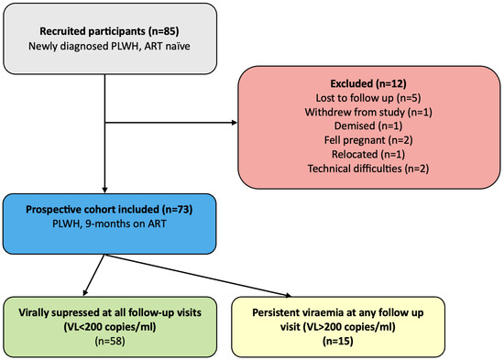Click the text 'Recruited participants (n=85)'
[109, 31]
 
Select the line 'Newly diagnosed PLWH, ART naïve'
[109, 46]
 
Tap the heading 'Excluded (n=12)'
[368, 83]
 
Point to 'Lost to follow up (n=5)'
[368, 98]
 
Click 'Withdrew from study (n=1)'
[368, 112]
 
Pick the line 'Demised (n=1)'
[368, 125]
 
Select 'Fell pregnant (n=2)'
[368, 140]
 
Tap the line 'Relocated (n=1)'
[368, 154]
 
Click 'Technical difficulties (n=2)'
[368, 169]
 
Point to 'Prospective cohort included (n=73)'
[109, 210]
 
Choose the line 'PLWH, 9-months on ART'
[109, 224]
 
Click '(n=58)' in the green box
[110, 341]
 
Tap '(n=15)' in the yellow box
[338, 341]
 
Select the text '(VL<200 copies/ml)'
[110, 327]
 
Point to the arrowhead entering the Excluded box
[235, 123]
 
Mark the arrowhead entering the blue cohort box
[104, 190]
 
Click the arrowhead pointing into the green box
[85, 292]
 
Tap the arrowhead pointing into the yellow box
[288, 294]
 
